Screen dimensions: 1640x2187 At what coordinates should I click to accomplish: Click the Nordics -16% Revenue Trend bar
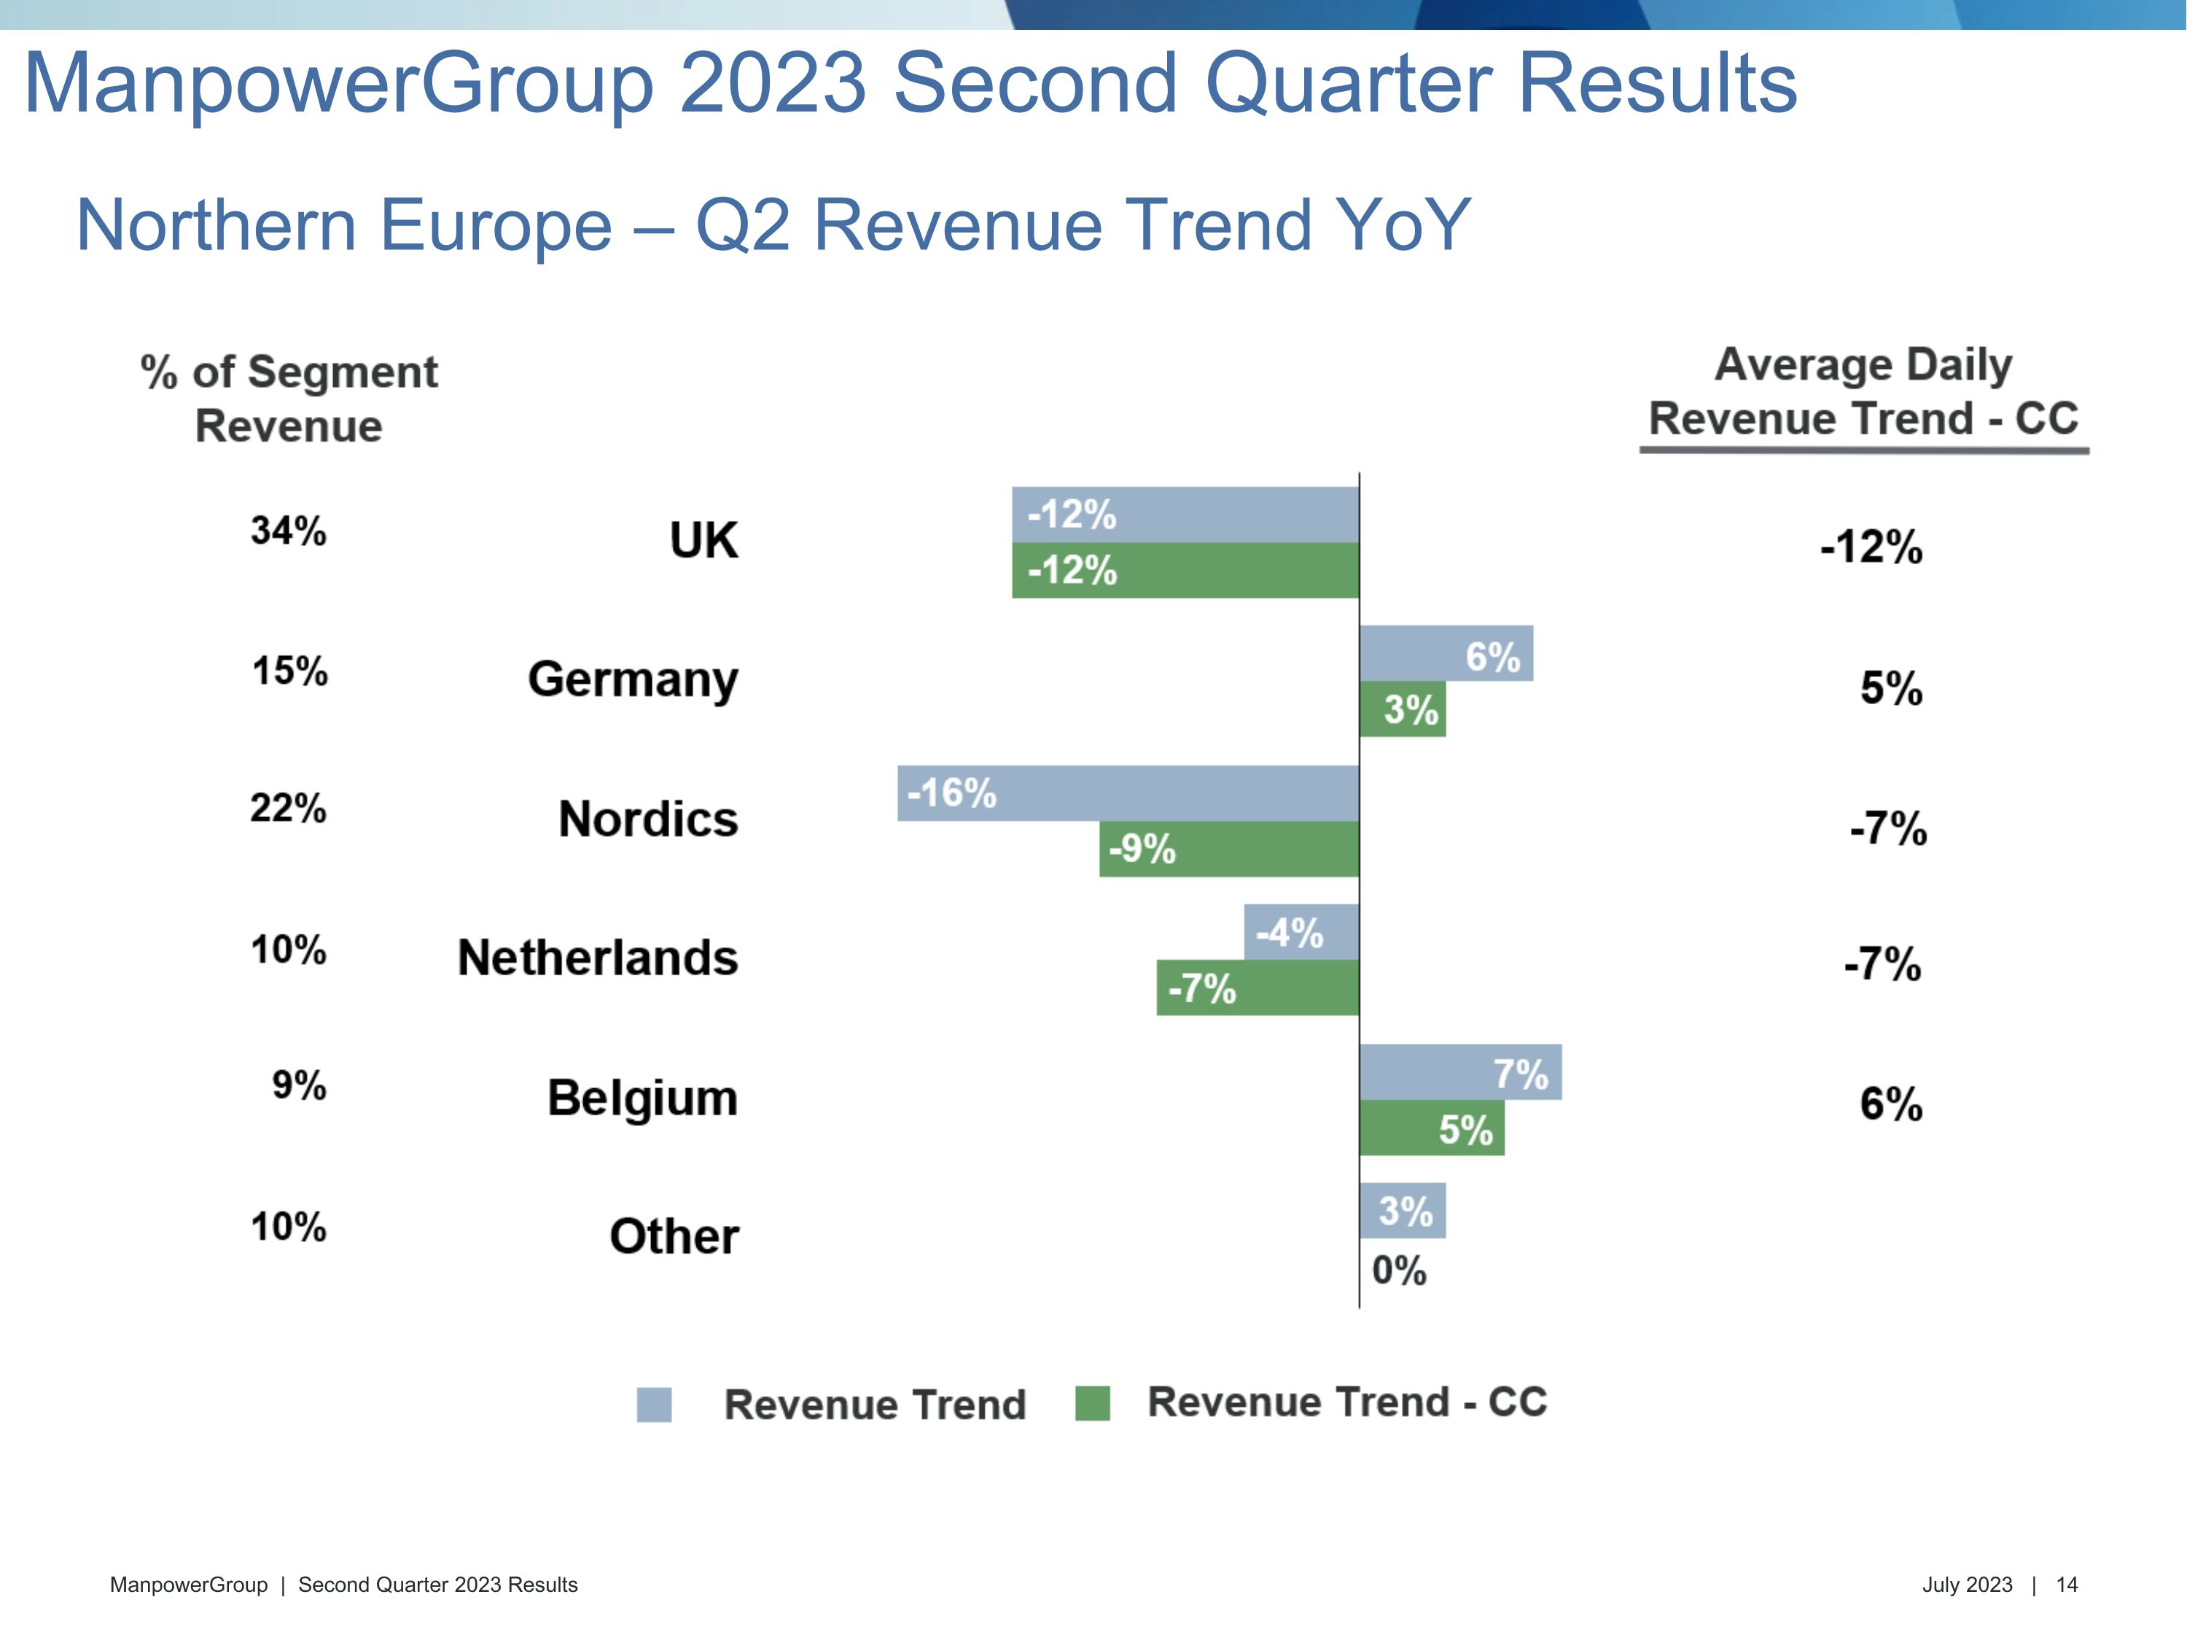1128,793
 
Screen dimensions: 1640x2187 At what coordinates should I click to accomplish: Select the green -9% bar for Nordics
1229,849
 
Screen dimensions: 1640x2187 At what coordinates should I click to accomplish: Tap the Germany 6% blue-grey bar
1446,653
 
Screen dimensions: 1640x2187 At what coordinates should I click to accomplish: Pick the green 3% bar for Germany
1402,708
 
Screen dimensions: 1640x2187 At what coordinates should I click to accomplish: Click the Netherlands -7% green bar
1258,988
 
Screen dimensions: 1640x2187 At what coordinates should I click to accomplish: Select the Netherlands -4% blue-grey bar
1301,932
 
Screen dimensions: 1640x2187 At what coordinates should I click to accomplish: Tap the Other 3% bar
1402,1211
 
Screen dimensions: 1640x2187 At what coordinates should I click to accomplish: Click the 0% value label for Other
1399,1270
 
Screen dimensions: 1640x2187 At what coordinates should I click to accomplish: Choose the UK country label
704,541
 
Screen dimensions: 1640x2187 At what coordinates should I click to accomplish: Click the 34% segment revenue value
288,531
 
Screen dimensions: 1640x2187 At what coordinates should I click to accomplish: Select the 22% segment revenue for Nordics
288,808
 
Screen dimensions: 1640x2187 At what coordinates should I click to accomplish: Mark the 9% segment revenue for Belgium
299,1085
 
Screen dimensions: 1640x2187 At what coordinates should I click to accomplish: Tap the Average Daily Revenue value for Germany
1890,688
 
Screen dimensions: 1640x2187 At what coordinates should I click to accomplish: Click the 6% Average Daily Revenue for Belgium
1890,1104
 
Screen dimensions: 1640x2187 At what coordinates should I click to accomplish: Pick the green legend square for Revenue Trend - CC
1093,1404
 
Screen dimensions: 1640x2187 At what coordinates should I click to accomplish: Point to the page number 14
2067,1585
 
